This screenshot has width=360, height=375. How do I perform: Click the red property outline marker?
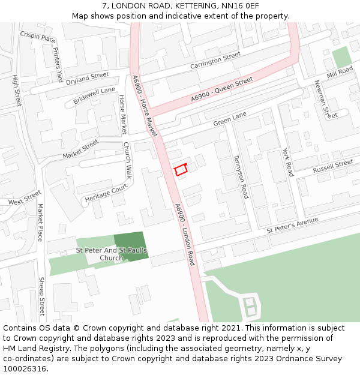(181, 170)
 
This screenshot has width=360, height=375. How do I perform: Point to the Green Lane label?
(230, 118)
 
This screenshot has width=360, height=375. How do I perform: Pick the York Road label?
(288, 162)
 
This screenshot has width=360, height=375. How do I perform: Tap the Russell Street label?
(333, 166)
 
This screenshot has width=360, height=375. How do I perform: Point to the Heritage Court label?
(107, 193)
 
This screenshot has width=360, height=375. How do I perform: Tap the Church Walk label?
(127, 160)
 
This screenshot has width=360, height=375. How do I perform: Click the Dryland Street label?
(88, 79)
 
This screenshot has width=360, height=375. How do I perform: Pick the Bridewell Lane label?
(94, 95)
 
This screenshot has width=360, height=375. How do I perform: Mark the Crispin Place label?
(38, 37)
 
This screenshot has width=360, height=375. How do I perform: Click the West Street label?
(24, 198)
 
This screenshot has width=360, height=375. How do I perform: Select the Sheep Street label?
(41, 296)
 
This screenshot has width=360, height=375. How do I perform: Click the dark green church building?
(130, 246)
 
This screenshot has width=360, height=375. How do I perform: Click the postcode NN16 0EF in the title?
(239, 6)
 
